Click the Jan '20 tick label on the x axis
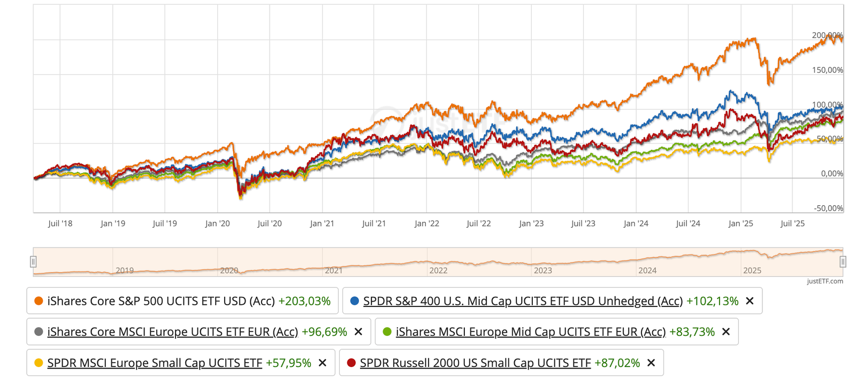[x=217, y=223]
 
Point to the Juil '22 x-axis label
[x=478, y=223]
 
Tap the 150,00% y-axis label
[x=827, y=70]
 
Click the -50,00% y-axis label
[x=828, y=208]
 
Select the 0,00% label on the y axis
[x=832, y=174]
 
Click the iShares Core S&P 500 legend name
[x=161, y=301]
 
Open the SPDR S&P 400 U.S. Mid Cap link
[x=523, y=301]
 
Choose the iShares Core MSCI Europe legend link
[x=172, y=332]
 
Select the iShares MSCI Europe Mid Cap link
[x=531, y=332]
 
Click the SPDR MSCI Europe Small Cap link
[x=155, y=363]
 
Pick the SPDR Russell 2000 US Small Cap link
[x=475, y=363]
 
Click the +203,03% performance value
[x=304, y=301]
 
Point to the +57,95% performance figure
[x=288, y=363]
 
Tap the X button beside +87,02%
[x=651, y=363]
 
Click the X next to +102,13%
[x=750, y=301]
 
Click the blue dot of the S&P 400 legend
[x=354, y=301]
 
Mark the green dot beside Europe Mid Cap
[x=387, y=332]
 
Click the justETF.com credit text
[x=825, y=281]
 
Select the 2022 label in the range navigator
[x=438, y=271]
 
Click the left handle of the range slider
[x=33, y=261]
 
